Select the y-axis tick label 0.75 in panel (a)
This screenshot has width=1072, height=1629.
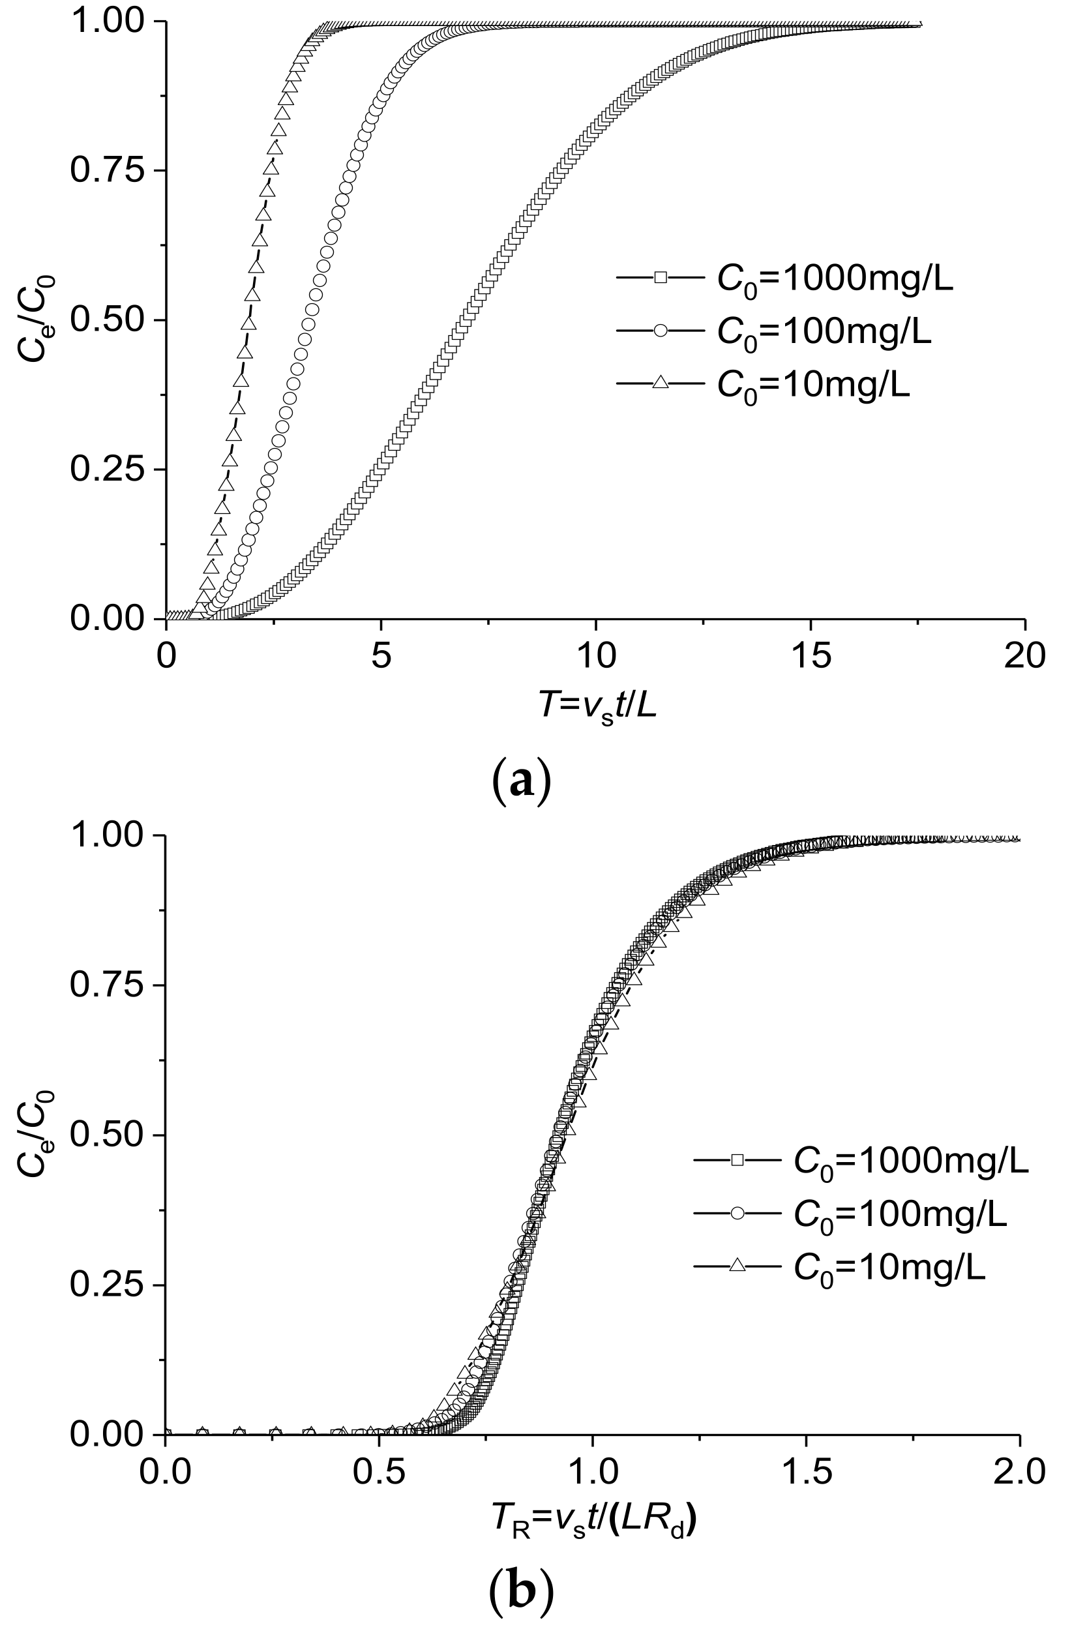coord(107,170)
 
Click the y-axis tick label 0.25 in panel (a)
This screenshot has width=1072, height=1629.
coord(107,470)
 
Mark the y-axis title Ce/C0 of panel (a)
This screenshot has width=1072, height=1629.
coord(37,320)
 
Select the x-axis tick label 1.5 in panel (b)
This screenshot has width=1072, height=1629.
coord(807,1472)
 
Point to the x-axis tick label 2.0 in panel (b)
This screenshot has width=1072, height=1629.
coord(1020,1472)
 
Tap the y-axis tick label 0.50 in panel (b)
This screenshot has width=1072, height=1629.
coord(107,1135)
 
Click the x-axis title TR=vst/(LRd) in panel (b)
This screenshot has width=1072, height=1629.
coord(592,1521)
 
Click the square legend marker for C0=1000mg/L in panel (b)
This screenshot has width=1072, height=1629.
coord(737,1160)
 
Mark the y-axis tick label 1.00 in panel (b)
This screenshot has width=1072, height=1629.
coord(107,836)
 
